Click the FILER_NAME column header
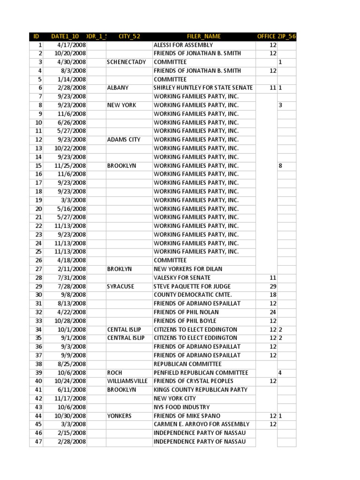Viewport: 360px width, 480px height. point(203,37)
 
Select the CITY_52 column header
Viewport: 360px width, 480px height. point(129,37)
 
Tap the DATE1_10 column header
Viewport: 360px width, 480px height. point(65,37)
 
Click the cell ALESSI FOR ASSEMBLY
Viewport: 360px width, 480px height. point(183,45)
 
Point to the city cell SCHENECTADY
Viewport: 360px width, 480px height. point(127,62)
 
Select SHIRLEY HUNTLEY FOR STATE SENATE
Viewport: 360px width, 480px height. point(203,88)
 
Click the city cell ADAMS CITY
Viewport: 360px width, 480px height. point(124,140)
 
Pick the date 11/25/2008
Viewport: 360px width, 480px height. point(70,165)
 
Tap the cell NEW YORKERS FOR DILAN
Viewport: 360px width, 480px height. point(188,269)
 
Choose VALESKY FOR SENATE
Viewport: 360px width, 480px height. point(182,278)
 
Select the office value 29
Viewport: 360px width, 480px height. point(273,286)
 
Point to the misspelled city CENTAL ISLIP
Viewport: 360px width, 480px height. point(124,330)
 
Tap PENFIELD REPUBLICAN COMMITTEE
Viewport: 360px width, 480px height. point(195,373)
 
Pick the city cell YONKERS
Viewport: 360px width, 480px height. point(120,416)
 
